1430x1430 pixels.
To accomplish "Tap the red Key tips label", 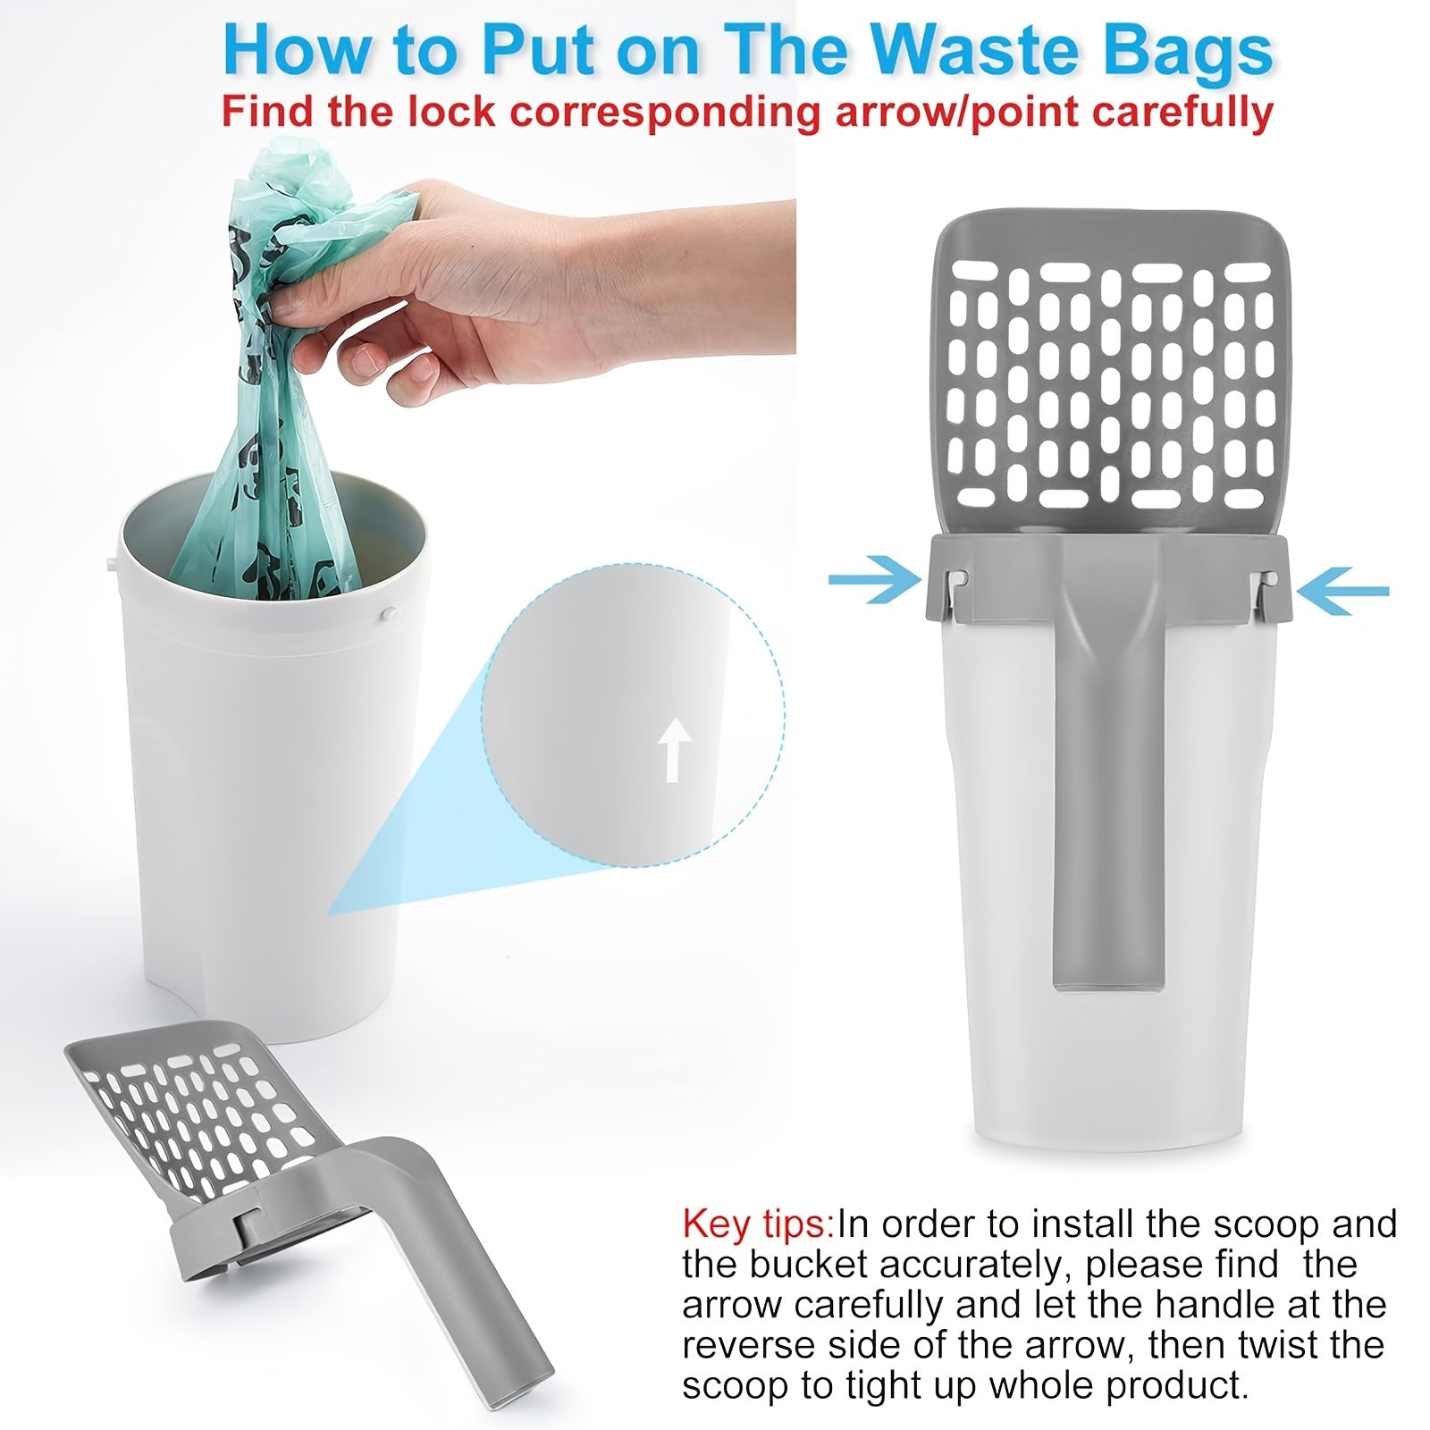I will tap(757, 1224).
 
